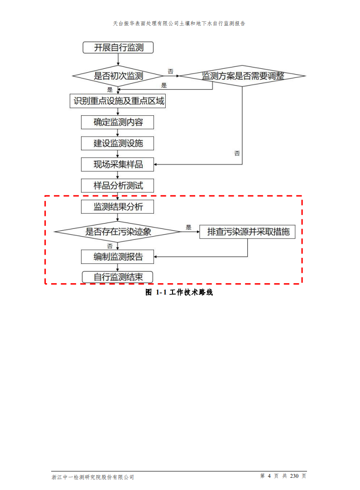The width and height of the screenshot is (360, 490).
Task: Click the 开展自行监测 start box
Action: tap(118, 48)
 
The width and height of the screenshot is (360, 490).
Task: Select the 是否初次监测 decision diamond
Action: tap(118, 76)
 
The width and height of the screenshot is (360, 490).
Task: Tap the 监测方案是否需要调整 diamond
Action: tap(242, 76)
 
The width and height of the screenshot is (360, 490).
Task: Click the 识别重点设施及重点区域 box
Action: tap(118, 101)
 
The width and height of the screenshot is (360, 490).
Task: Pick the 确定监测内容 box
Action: tap(118, 122)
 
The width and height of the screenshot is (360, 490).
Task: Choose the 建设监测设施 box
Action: tap(118, 143)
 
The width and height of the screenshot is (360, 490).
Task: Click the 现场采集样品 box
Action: tap(118, 164)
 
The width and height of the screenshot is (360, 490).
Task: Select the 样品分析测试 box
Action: tap(118, 186)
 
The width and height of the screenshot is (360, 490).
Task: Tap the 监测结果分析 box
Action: tap(118, 207)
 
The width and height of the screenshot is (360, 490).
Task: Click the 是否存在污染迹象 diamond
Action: tap(118, 232)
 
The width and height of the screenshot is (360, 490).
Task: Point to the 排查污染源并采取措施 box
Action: tap(248, 232)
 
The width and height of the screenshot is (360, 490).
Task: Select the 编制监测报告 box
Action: tap(118, 257)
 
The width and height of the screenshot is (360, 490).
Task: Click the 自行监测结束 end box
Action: tap(118, 277)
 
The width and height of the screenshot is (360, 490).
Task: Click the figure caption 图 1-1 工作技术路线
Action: tap(179, 292)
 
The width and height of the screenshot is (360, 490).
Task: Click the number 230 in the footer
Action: tap(295, 476)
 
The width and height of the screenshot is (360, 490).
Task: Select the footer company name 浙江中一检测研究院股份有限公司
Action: tap(93, 477)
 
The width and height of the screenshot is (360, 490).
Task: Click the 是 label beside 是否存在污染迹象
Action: tap(189, 227)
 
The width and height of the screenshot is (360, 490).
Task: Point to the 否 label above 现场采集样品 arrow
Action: tap(237, 153)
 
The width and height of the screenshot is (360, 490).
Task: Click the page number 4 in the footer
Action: tap(269, 476)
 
